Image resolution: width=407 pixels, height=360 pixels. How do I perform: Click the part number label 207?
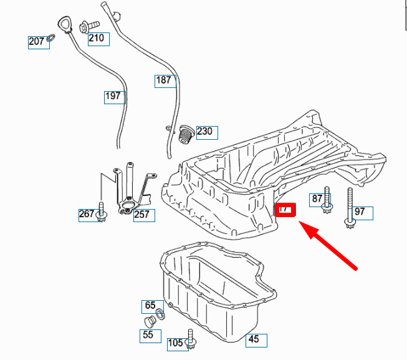pos(37,42)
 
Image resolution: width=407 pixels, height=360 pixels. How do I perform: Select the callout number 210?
pos(97,39)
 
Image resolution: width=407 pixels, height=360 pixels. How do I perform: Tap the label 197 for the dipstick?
pos(113,96)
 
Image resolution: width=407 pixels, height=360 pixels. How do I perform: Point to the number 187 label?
pos(164,80)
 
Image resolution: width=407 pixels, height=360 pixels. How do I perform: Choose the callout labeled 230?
pos(205,131)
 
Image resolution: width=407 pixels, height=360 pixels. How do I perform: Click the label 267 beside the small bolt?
pos(87,214)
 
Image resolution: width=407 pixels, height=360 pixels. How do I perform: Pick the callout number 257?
pos(142,215)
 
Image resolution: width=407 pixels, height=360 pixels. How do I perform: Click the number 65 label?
pos(150,306)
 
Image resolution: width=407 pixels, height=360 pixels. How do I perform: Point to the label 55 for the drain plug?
pos(148,335)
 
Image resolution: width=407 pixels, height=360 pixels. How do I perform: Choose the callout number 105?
pos(176,342)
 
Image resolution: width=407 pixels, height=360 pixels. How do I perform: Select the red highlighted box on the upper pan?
pos(285,210)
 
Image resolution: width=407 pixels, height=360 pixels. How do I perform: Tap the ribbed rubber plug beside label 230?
pos(184,134)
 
